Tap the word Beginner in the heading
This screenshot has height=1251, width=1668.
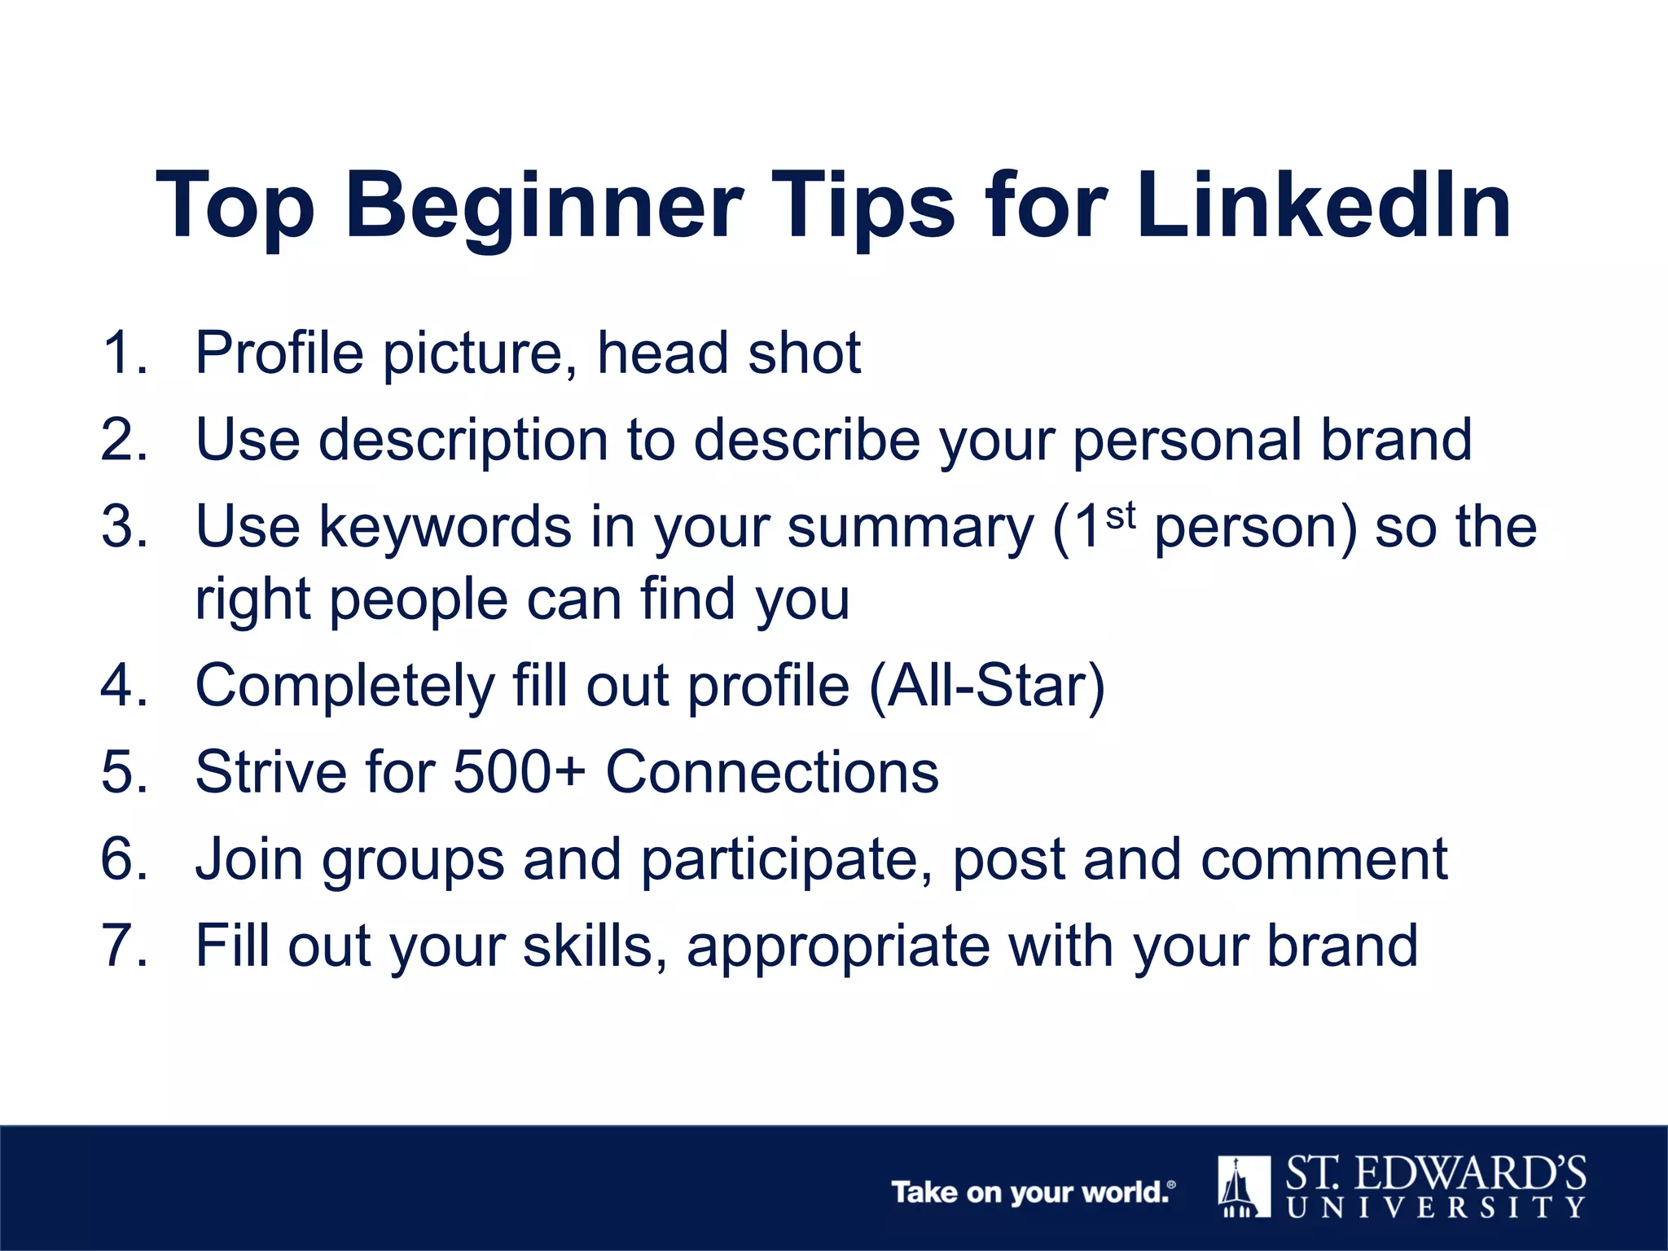544,208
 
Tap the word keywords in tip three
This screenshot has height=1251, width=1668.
445,527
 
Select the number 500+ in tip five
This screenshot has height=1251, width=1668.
518,771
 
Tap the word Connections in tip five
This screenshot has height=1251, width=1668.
771,771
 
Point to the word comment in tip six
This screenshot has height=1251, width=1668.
1323,859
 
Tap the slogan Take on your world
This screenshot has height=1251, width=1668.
1031,1192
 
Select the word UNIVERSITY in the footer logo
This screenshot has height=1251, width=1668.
1436,1207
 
